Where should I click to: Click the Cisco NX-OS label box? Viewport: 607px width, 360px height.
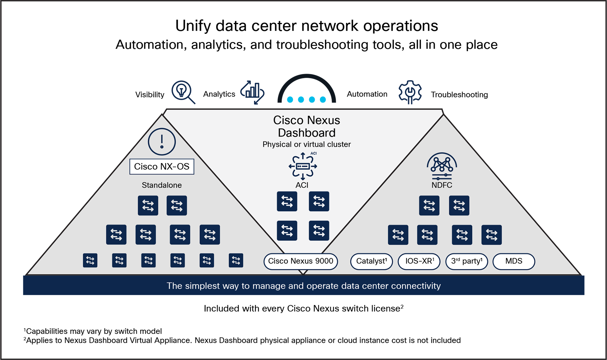pos(162,167)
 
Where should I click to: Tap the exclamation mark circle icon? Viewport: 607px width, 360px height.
pos(162,142)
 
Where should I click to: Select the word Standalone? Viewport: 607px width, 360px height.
pos(162,185)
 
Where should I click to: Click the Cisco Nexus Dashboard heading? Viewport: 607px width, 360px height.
pos(306,126)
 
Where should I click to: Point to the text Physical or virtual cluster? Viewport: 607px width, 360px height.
pos(306,144)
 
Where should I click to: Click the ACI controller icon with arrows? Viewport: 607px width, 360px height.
pos(303,166)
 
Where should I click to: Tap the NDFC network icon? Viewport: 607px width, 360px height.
pos(442,166)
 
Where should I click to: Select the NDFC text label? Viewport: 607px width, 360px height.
pos(442,185)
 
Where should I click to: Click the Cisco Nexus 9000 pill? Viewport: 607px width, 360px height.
pos(301,261)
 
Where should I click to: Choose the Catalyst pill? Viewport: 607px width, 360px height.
pos(371,261)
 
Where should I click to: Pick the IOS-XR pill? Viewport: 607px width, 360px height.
pos(419,261)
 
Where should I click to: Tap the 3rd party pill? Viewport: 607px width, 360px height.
pos(466,261)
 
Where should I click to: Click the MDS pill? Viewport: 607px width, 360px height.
pos(514,261)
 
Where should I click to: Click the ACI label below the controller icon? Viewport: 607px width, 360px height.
pos(302,185)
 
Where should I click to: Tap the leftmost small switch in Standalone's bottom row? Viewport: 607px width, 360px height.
pos(90,260)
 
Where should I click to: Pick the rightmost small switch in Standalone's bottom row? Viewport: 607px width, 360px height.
pos(236,260)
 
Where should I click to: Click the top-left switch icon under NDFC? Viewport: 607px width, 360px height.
pos(429,205)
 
